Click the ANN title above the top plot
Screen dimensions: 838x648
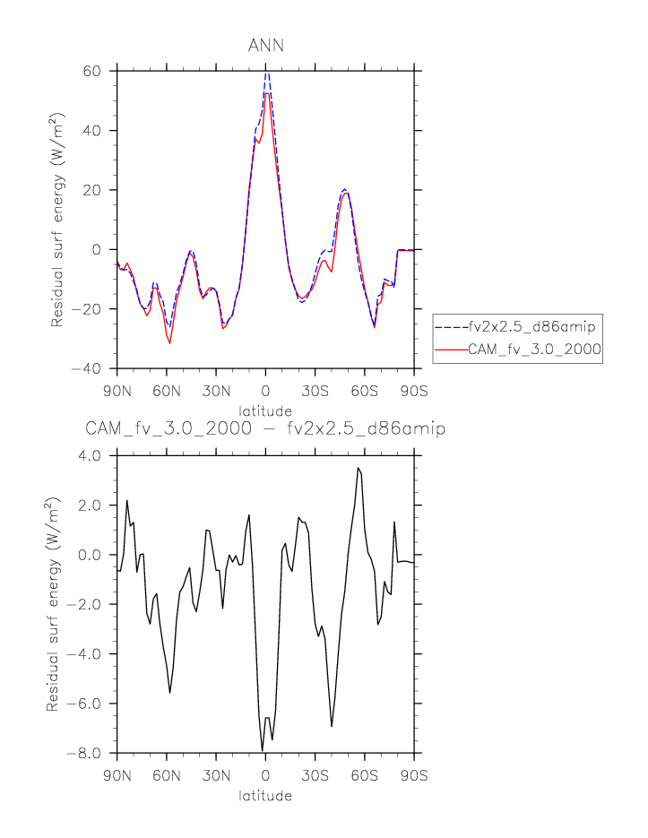[x=265, y=46]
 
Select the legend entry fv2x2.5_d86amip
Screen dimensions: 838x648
[x=531, y=326]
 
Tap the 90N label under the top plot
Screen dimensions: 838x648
[x=117, y=392]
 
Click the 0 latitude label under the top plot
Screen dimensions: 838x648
[x=265, y=392]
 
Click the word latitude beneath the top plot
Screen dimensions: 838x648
[x=265, y=411]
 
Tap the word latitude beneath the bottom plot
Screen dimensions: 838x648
[x=265, y=795]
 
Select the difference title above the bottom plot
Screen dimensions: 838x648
[x=265, y=429]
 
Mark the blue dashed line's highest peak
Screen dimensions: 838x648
[x=267, y=73]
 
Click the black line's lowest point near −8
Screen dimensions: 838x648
[x=263, y=750]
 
